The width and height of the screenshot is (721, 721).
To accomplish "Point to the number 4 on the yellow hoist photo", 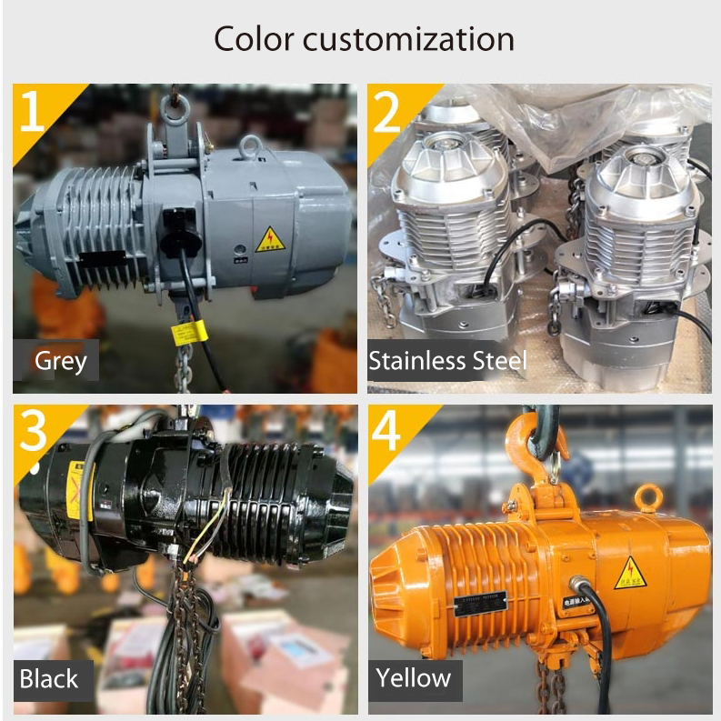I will [387, 432].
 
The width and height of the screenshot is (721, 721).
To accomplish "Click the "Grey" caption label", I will [60, 361].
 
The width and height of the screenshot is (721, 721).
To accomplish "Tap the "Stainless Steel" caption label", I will [447, 361].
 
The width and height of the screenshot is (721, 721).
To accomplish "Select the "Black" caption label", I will [49, 678].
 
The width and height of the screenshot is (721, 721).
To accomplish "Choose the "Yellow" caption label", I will [414, 678].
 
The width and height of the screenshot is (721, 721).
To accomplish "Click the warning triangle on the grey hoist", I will [270, 240].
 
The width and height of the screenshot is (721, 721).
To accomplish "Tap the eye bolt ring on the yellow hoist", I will [648, 497].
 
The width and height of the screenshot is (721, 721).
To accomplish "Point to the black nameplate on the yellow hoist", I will [479, 603].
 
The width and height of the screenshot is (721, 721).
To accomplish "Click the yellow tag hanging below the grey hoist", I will [185, 333].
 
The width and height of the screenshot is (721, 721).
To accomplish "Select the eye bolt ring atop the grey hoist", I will [251, 145].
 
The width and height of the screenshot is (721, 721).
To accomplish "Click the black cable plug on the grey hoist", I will [175, 225].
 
